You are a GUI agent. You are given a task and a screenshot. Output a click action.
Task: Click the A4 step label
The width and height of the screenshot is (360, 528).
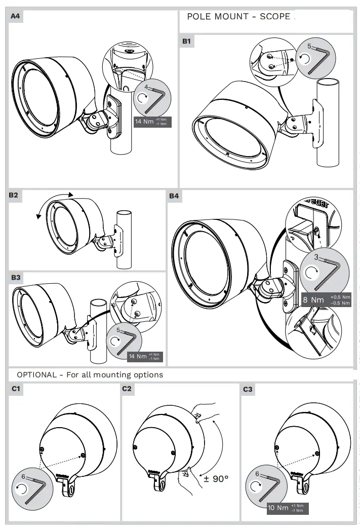(16, 16)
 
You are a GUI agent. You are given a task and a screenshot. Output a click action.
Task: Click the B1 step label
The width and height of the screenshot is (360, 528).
(187, 42)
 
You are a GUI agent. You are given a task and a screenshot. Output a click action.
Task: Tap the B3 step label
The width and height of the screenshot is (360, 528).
(16, 278)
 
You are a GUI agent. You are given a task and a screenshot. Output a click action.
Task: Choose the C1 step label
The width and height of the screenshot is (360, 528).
(15, 389)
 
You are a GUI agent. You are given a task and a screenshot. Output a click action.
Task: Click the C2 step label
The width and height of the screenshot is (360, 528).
(127, 389)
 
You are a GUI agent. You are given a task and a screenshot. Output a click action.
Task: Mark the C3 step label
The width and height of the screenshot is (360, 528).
(248, 389)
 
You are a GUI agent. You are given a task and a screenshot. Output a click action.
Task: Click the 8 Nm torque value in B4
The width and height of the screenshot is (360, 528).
(313, 299)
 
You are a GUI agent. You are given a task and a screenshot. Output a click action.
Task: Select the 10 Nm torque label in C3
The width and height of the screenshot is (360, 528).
(277, 508)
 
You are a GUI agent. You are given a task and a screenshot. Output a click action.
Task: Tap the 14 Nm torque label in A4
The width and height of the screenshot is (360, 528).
(145, 122)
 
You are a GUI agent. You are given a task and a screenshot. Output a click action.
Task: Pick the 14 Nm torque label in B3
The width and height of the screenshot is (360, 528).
(138, 356)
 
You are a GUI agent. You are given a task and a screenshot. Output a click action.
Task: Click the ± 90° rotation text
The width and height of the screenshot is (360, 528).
(216, 478)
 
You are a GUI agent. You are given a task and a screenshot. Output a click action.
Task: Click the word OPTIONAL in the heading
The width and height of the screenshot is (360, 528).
(36, 374)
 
